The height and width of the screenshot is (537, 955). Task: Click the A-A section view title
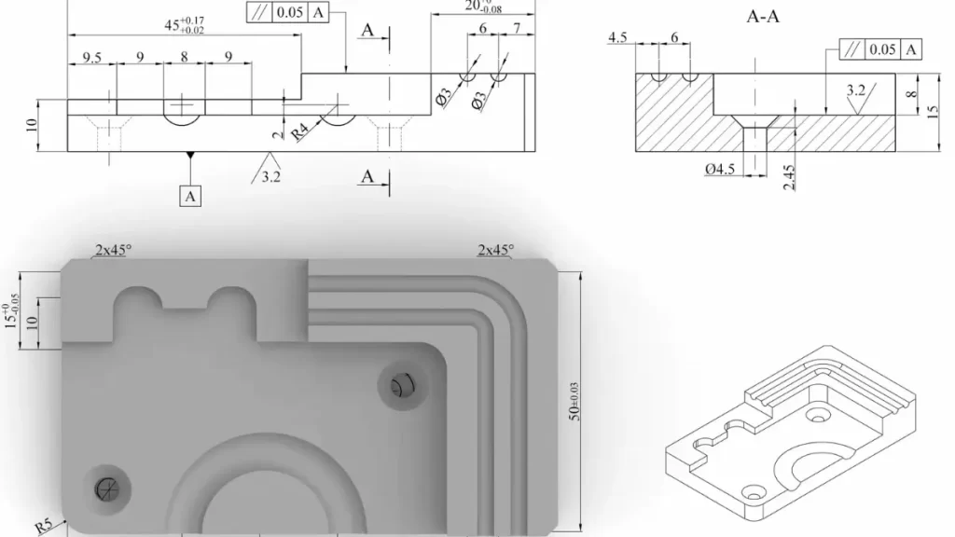(x=763, y=16)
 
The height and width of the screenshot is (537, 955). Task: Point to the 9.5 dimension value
(x=91, y=58)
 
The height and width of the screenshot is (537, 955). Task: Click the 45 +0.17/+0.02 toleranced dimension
(x=184, y=26)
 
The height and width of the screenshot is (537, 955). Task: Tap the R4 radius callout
(x=301, y=131)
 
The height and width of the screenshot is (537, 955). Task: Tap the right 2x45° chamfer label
(x=494, y=250)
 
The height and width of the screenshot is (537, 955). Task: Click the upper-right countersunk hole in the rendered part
(x=401, y=383)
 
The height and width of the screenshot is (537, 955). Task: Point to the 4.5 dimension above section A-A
(x=617, y=37)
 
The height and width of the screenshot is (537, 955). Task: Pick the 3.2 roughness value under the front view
(x=271, y=175)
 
